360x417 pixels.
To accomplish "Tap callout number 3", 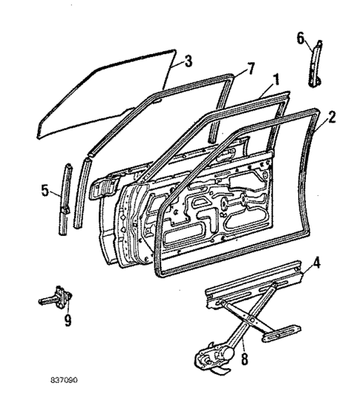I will coord(188,61).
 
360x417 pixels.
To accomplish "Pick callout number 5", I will coord(46,191).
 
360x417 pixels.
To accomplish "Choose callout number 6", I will coord(301,38).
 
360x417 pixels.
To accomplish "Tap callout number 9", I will coord(67,321).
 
